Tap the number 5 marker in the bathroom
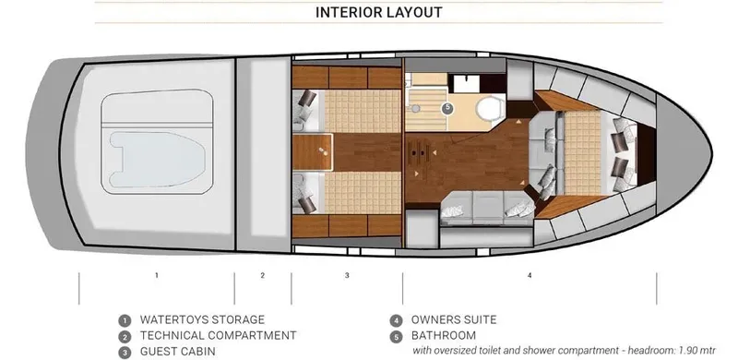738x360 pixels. click(x=447, y=108)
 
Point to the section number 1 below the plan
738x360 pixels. click(x=157, y=275)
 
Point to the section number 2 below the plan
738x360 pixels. click(x=262, y=275)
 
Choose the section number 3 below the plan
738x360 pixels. click(x=347, y=275)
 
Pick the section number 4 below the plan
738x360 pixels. click(x=529, y=275)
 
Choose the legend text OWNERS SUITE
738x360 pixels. click(x=454, y=319)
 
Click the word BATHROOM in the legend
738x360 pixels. click(x=444, y=335)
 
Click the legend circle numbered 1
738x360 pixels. click(x=124, y=320)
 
